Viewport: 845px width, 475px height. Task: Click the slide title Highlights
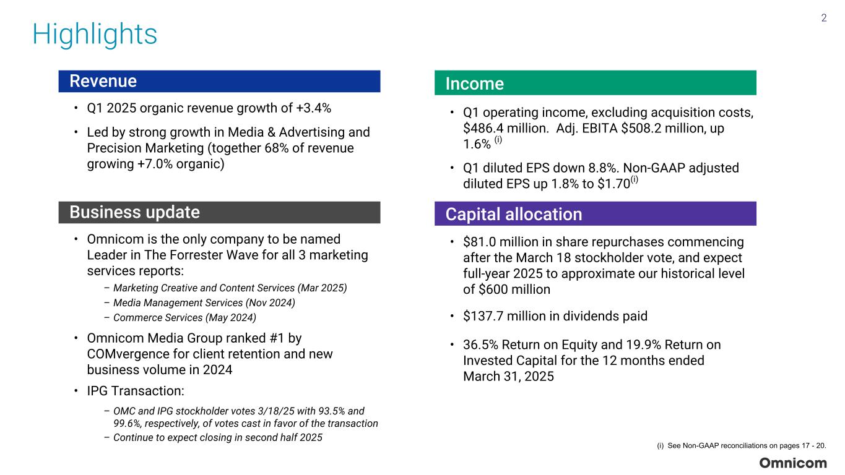[x=95, y=34]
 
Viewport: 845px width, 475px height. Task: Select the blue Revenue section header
[x=219, y=81]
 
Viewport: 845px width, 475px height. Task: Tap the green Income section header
[x=595, y=83]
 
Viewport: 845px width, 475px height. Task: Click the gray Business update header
[x=219, y=212]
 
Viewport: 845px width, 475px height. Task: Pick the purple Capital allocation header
[x=595, y=214]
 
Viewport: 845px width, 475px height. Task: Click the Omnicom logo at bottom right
[x=793, y=463]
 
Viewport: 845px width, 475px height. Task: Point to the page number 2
[x=823, y=18]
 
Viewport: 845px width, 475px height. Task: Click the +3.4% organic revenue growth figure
[x=314, y=108]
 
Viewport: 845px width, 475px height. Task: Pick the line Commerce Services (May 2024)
[x=184, y=317]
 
